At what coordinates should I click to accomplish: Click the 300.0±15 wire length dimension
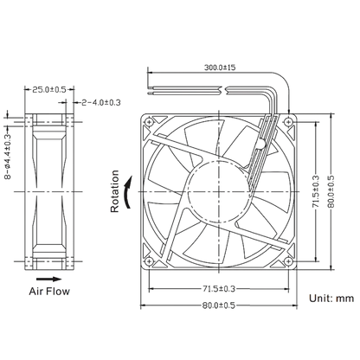(220, 67)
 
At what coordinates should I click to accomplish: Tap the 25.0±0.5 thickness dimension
(48, 90)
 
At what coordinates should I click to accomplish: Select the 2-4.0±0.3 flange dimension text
(101, 102)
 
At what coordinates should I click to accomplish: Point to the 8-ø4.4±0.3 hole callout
(8, 157)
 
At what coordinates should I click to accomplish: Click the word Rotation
(115, 191)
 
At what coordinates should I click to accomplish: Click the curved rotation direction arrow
(127, 192)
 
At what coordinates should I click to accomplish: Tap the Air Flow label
(49, 292)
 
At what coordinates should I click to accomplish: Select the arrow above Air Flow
(49, 279)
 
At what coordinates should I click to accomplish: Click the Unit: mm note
(331, 298)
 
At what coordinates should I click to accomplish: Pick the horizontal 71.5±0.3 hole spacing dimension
(219, 288)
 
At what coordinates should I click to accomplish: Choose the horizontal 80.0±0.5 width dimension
(219, 305)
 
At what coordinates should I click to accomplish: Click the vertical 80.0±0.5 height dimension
(331, 191)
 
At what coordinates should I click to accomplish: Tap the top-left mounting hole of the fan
(149, 122)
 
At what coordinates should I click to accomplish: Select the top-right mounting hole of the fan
(288, 122)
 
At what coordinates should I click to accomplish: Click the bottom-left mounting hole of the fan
(149, 261)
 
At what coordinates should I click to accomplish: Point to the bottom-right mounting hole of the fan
(288, 261)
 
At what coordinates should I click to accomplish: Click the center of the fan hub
(219, 191)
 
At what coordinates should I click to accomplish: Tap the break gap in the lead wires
(224, 90)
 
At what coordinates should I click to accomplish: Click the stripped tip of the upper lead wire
(150, 87)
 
